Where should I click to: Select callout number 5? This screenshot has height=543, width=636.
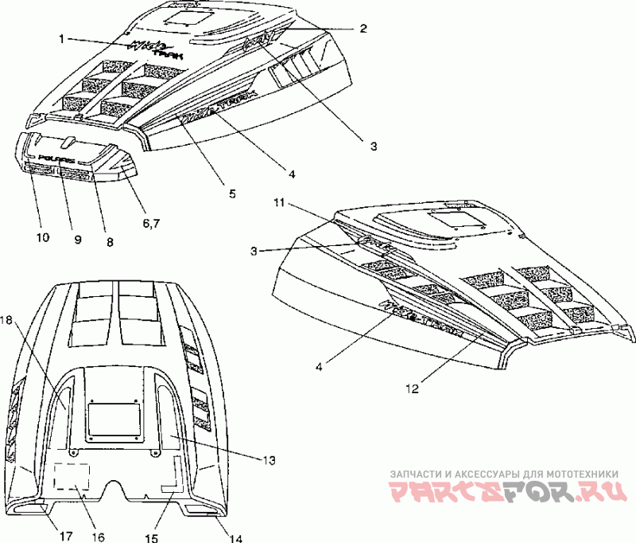232,193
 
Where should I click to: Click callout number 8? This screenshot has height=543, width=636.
110,240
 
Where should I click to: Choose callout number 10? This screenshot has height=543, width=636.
42,237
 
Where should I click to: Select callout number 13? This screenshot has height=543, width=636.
268,460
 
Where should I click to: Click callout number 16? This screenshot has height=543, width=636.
98,537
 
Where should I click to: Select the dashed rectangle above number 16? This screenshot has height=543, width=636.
72,477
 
